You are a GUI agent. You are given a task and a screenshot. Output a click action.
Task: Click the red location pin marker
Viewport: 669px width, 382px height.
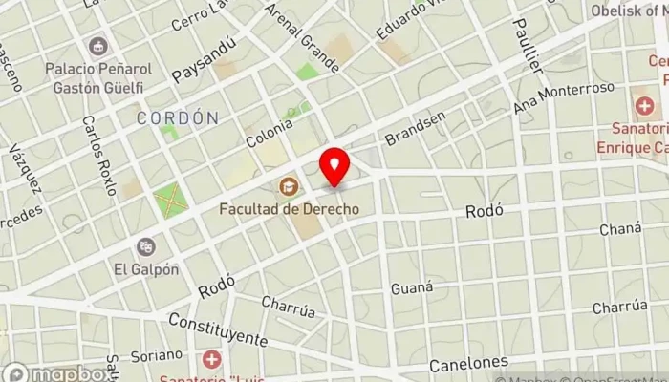[334, 168]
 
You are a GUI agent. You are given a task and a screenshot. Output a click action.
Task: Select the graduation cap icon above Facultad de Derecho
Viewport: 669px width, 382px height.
[287, 185]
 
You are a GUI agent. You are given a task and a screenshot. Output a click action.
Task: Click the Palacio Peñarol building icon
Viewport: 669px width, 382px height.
[97, 45]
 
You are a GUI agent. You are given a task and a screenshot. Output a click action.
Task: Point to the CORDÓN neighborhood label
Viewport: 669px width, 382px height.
[178, 118]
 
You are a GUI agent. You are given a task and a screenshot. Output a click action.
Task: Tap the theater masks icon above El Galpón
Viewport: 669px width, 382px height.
[145, 246]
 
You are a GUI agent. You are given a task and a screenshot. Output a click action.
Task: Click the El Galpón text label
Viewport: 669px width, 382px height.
[145, 269]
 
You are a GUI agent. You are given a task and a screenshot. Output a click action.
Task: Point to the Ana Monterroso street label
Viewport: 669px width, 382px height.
[564, 97]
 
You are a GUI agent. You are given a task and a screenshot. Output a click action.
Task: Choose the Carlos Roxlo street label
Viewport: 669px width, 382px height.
[98, 155]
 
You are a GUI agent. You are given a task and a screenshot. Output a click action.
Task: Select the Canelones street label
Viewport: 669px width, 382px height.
[467, 364]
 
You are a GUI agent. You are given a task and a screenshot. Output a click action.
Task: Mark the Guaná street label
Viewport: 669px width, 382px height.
[412, 286]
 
